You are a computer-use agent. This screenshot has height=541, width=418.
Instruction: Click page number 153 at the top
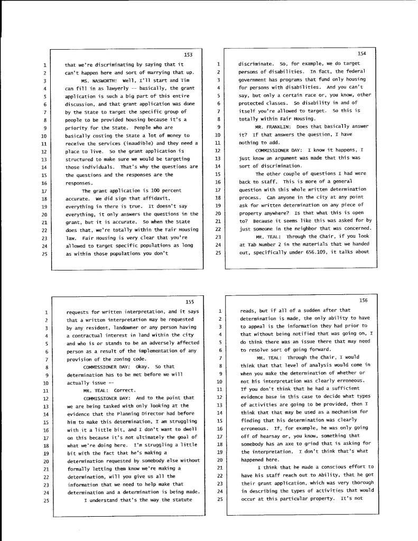click(189, 54)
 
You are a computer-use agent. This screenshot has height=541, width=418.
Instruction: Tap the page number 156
click(363, 300)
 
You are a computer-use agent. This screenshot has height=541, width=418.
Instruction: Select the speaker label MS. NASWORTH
click(104, 80)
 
